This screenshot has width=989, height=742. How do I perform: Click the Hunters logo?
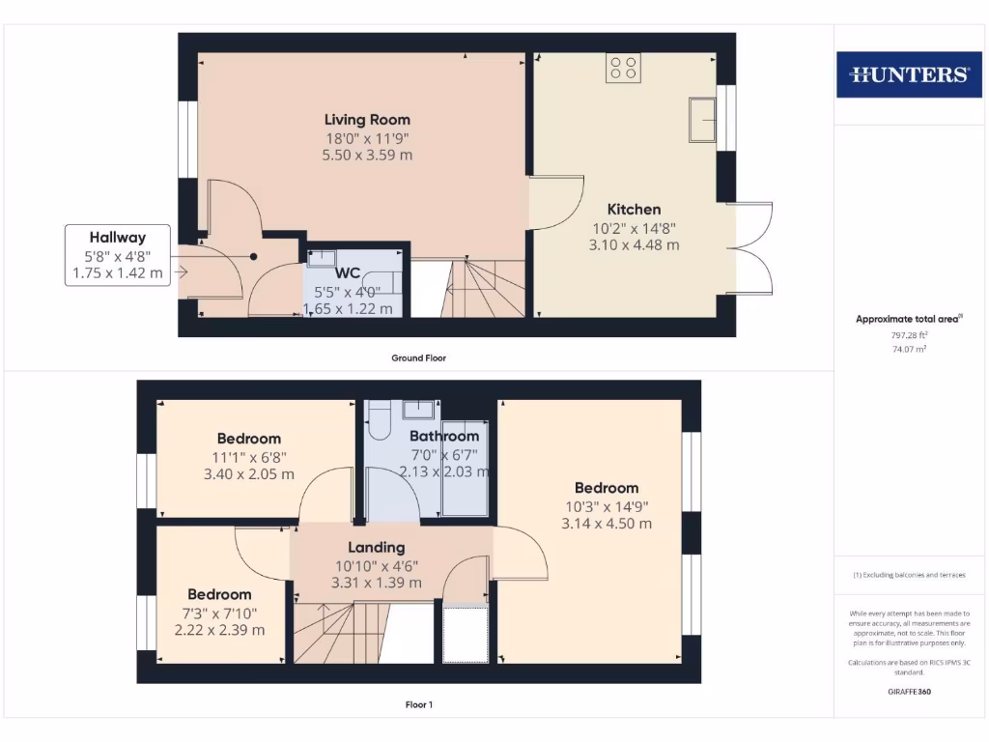pyautogui.click(x=908, y=74)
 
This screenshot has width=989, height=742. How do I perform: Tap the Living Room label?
pyautogui.click(x=367, y=120)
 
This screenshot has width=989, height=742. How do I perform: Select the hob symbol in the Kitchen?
pyautogui.click(x=623, y=68)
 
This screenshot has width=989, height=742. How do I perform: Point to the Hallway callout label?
pyautogui.click(x=117, y=237)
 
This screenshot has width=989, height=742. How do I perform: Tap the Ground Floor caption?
pyautogui.click(x=418, y=357)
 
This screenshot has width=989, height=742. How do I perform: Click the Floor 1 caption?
pyautogui.click(x=418, y=704)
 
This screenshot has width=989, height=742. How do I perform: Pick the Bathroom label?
pyautogui.click(x=444, y=437)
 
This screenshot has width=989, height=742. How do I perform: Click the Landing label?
pyautogui.click(x=376, y=548)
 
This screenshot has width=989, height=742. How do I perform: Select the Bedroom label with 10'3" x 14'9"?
pyautogui.click(x=607, y=488)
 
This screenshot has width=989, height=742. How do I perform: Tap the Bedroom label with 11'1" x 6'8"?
pyautogui.click(x=248, y=439)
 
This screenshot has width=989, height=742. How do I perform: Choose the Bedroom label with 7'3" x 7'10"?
pyautogui.click(x=219, y=594)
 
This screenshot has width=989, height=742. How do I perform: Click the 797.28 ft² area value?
pyautogui.click(x=908, y=335)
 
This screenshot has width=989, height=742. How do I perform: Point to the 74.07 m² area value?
pyautogui.click(x=908, y=349)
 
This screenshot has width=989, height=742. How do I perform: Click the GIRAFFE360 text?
pyautogui.click(x=908, y=692)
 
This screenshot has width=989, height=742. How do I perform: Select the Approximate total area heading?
pyautogui.click(x=908, y=319)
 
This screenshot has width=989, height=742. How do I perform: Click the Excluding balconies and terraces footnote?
pyautogui.click(x=908, y=575)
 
